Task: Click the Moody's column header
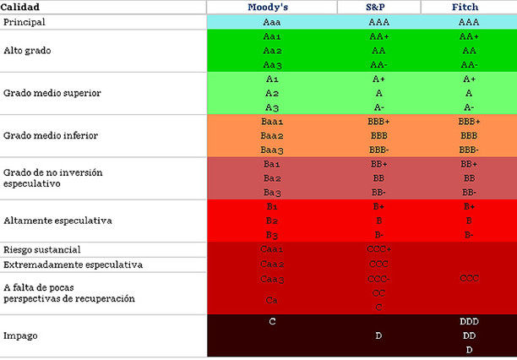[271, 7]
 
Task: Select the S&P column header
[378, 7]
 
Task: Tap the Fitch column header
[469, 7]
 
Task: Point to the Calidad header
[19, 7]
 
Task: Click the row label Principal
[24, 22]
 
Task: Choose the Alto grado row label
[28, 51]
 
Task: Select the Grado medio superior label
[52, 93]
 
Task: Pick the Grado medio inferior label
[50, 135]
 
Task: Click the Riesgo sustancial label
[42, 250]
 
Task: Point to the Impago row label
[20, 335]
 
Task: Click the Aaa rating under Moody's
[271, 22]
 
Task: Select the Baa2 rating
[271, 135]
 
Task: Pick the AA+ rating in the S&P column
[379, 37]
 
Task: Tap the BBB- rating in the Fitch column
[469, 150]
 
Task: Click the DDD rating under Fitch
[469, 322]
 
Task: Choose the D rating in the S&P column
[379, 335]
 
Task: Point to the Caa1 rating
[271, 250]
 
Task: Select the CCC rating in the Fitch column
[469, 278]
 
